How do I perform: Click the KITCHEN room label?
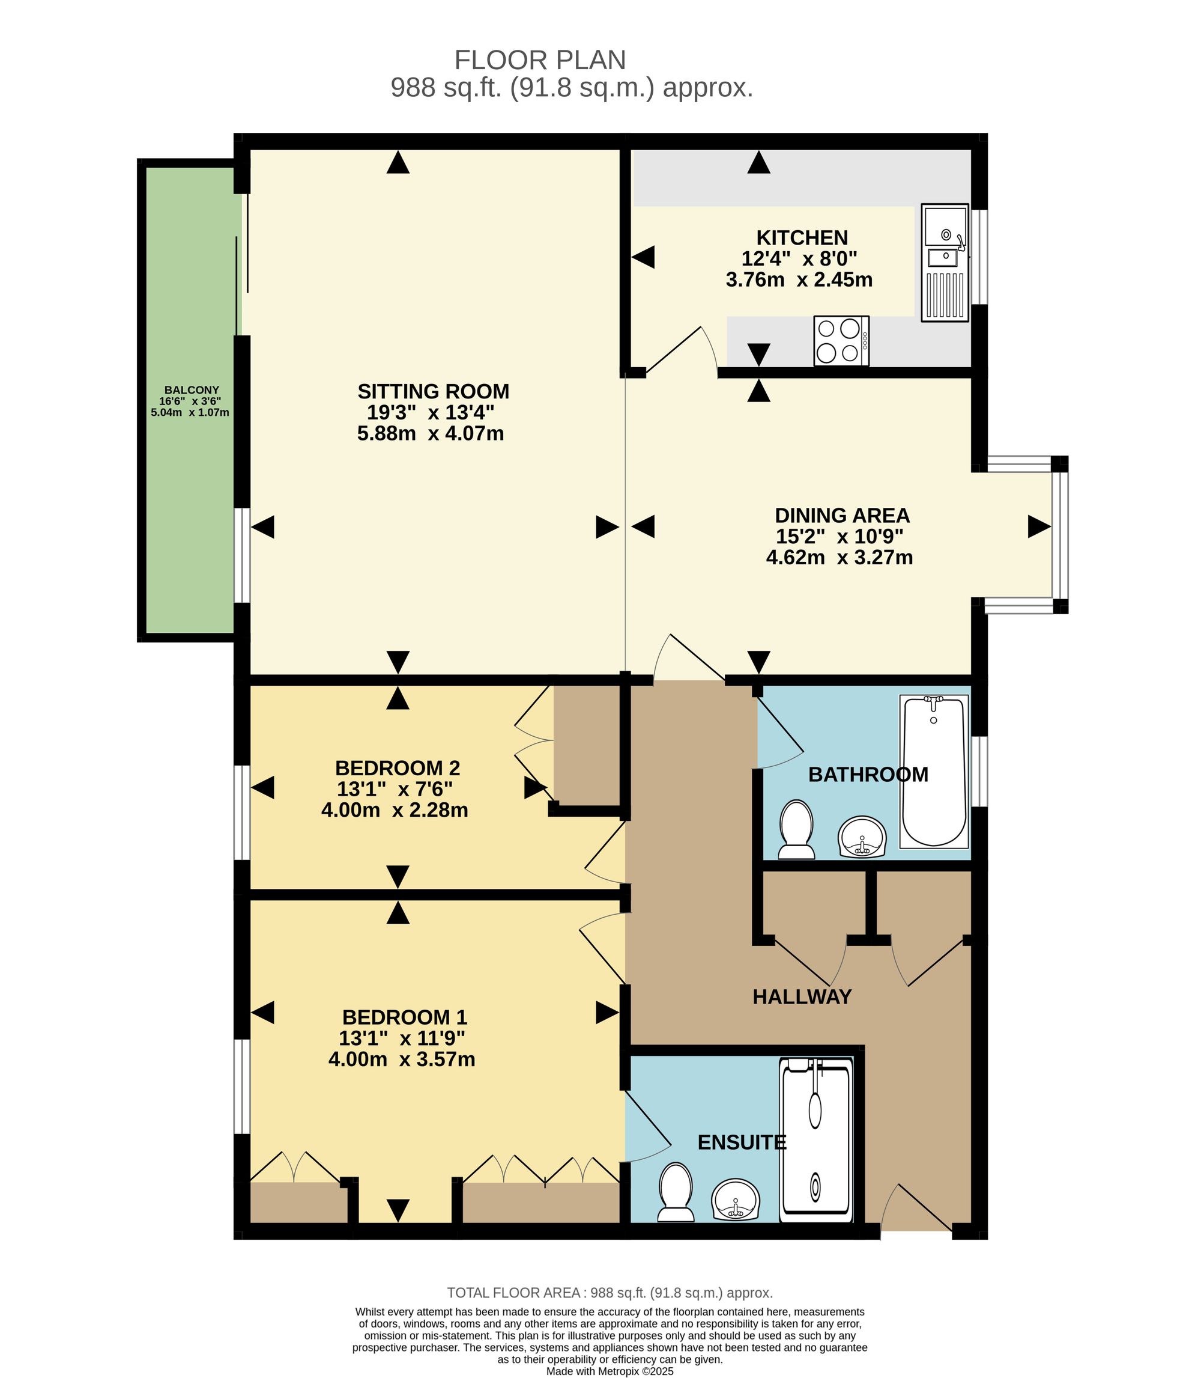pyautogui.click(x=802, y=237)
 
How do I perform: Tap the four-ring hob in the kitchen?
pyautogui.click(x=841, y=341)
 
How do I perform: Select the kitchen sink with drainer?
pyautogui.click(x=945, y=263)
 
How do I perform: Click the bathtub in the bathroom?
pyautogui.click(x=934, y=772)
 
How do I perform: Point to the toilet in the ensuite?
pyautogui.click(x=676, y=1192)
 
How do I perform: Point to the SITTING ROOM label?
pyautogui.click(x=433, y=391)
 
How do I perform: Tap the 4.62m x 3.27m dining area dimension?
pyautogui.click(x=839, y=557)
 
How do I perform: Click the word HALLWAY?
pyautogui.click(x=802, y=997)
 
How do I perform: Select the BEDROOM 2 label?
pyautogui.click(x=398, y=767)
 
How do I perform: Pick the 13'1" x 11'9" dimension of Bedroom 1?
pyautogui.click(x=402, y=1038)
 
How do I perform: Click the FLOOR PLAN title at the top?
pyautogui.click(x=540, y=60)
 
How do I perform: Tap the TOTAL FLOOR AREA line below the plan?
pyautogui.click(x=610, y=1293)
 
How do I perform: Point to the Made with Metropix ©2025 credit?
pyautogui.click(x=610, y=1371)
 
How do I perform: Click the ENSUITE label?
pyautogui.click(x=741, y=1142)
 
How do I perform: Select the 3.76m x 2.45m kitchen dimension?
pyautogui.click(x=799, y=279)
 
